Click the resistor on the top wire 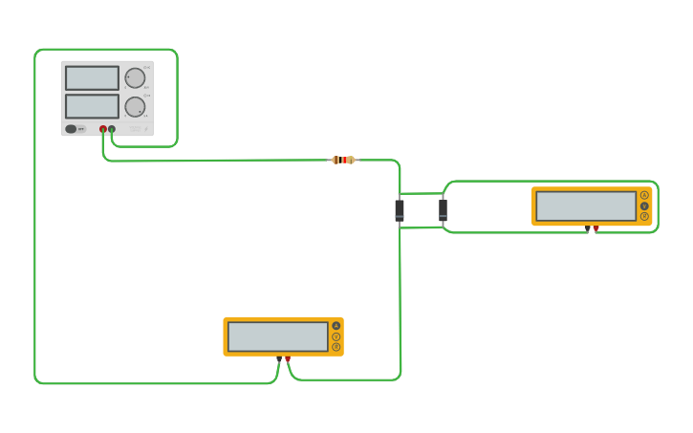point(342,160)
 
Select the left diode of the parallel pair point(400,210)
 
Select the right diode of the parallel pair point(443,210)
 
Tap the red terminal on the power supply point(103,129)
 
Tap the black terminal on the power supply point(112,129)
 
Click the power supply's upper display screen point(92,78)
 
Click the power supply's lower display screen point(92,106)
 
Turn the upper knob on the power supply point(136,78)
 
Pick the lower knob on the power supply point(136,106)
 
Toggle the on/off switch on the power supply point(72,129)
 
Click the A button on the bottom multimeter point(336,326)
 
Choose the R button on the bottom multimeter point(336,347)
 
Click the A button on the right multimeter point(644,195)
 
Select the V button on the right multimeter point(644,206)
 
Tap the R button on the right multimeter point(644,216)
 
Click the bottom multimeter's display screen point(278,336)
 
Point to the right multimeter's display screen point(586,206)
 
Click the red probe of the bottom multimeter point(288,358)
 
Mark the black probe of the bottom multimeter point(279,358)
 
